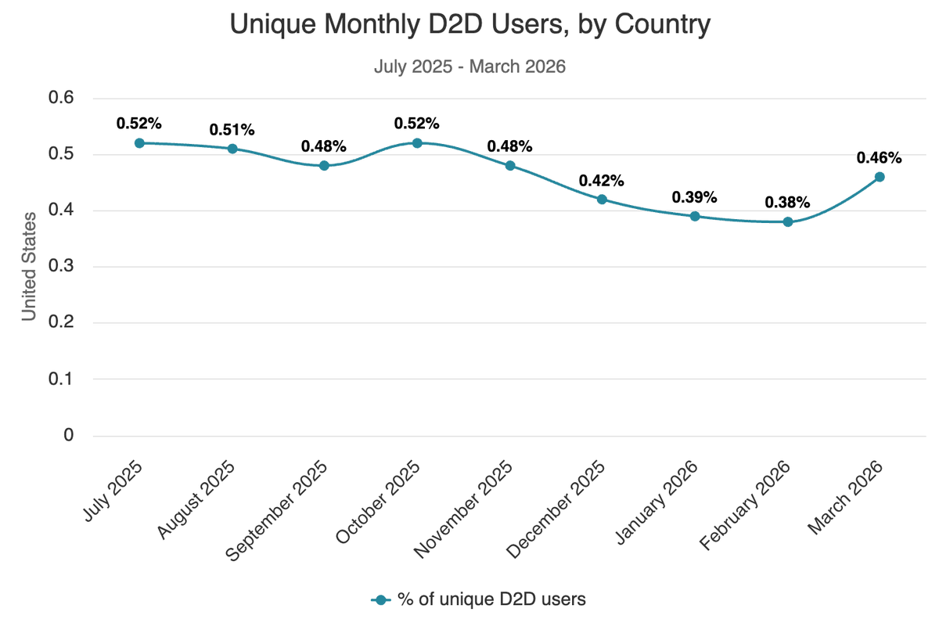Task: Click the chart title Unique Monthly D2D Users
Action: [x=469, y=25]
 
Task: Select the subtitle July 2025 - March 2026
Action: [x=469, y=67]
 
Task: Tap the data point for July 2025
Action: [x=139, y=143]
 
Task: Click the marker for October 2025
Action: [x=417, y=143]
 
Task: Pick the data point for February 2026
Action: [x=787, y=222]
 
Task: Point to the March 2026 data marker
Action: [x=880, y=177]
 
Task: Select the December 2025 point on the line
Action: [x=602, y=200]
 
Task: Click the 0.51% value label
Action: [x=232, y=129]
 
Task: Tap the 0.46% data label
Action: [x=880, y=157]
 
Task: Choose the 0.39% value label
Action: [x=695, y=196]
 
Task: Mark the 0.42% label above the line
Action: [x=602, y=180]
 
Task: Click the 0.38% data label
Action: [x=787, y=203]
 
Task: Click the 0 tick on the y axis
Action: [x=68, y=435]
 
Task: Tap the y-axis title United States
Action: [x=29, y=266]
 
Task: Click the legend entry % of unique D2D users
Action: [x=478, y=599]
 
